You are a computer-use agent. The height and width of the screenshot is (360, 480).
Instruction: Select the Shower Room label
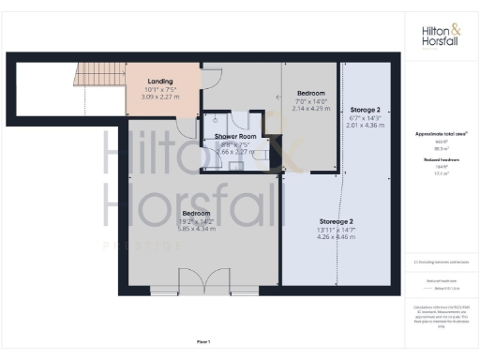click(234, 137)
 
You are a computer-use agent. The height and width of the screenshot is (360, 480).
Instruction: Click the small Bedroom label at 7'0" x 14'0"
click(310, 94)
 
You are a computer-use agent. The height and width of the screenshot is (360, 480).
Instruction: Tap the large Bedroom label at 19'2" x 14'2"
click(197, 213)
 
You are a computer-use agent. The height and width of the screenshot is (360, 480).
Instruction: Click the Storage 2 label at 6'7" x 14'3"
click(366, 110)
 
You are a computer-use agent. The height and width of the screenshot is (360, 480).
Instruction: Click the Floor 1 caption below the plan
click(203, 341)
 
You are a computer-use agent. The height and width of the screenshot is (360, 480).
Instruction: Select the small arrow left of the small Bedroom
click(277, 96)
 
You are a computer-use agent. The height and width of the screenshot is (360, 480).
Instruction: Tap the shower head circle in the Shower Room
click(215, 120)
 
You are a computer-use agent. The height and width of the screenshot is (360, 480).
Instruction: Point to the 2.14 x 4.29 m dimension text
click(310, 109)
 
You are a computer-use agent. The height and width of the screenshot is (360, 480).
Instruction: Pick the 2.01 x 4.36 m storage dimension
click(366, 126)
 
